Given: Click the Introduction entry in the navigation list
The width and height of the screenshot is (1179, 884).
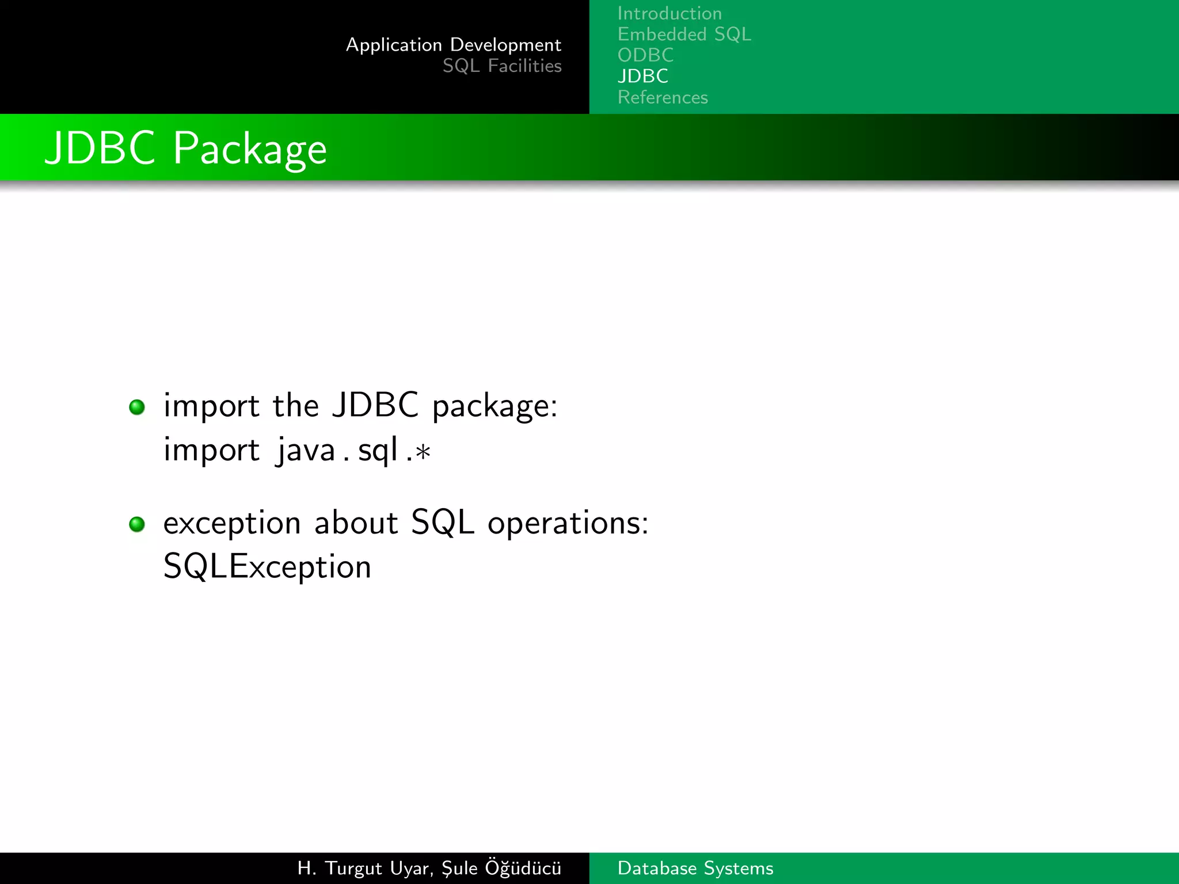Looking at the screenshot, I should point(669,13).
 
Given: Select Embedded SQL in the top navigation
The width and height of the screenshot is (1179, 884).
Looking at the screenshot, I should point(684,35).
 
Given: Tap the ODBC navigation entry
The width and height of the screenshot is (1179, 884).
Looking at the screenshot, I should point(645,55).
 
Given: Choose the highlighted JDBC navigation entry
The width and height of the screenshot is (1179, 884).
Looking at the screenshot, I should point(642,76).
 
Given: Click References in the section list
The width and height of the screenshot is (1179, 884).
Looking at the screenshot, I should point(663,97).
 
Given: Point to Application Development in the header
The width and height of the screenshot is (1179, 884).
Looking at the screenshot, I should point(453,45).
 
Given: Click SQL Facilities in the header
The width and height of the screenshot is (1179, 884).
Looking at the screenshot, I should point(501,66).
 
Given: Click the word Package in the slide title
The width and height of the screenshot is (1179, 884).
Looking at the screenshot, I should point(250,150).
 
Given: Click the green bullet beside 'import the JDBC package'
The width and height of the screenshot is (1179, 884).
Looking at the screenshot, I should point(137,407).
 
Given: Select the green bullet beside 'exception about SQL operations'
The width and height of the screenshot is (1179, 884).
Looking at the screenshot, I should point(137,524).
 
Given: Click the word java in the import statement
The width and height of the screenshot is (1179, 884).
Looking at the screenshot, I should point(306,450).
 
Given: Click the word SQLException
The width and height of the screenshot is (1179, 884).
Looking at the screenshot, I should point(267,567).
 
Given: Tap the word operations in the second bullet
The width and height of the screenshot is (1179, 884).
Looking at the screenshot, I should point(567,524).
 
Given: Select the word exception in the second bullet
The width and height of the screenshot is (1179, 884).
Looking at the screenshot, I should point(232,524).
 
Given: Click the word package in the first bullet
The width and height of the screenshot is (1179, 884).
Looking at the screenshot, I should point(494,406).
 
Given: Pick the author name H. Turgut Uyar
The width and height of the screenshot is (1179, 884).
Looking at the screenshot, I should point(364,868).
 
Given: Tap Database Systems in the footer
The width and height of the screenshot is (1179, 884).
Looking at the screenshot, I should point(695,868).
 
